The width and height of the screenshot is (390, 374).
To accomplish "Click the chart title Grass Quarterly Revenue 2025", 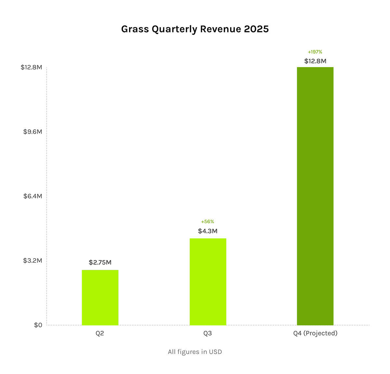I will tap(195, 29).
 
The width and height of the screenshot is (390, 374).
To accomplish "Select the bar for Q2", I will tap(100, 297).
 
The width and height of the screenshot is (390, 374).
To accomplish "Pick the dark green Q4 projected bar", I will tap(315, 196).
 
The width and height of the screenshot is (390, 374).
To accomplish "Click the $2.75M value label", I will tap(100, 262).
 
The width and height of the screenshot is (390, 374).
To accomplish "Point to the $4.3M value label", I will tap(208, 231).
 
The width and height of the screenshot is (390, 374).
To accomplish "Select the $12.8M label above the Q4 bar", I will tap(315, 61).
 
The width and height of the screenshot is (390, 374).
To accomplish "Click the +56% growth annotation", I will tap(208, 222).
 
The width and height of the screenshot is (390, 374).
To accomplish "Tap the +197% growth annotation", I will tap(315, 52).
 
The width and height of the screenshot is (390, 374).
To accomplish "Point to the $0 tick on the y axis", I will tap(38, 325).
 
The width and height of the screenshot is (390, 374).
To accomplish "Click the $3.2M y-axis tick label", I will tap(32, 261).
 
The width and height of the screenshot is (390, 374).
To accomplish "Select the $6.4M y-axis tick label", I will tap(32, 196).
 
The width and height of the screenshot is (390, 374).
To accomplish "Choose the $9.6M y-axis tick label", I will tap(32, 132).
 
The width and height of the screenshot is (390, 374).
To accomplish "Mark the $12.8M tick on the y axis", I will tap(31, 67).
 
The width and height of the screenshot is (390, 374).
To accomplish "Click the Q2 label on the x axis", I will tap(100, 333).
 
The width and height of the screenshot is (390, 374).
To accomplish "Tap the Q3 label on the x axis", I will tap(208, 333).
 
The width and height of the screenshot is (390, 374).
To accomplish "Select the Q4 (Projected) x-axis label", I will tap(315, 333).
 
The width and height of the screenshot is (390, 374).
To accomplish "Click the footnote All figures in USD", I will tap(195, 352).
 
